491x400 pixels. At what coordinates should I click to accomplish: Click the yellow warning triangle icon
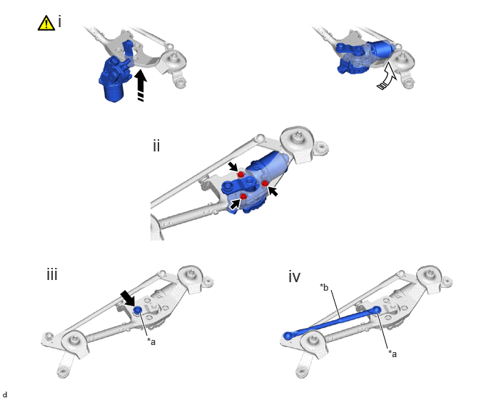pyautogui.click(x=46, y=23)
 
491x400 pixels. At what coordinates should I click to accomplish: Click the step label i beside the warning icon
pyautogui.click(x=59, y=22)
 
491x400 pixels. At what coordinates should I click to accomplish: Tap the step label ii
pyautogui.click(x=156, y=146)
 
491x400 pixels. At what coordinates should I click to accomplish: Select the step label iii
pyautogui.click(x=52, y=274)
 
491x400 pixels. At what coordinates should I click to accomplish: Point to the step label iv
pyautogui.click(x=294, y=277)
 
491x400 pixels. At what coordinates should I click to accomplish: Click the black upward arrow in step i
pyautogui.click(x=141, y=85)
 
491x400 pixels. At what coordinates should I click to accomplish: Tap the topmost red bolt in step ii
pyautogui.click(x=241, y=174)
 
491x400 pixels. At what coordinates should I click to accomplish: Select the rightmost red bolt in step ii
pyautogui.click(x=265, y=184)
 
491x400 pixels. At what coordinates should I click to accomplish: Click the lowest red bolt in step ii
pyautogui.click(x=243, y=196)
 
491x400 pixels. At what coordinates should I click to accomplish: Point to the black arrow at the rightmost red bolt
pyautogui.click(x=273, y=191)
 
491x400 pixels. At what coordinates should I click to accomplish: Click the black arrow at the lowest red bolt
pyautogui.click(x=235, y=204)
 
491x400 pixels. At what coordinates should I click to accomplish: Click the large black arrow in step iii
pyautogui.click(x=128, y=298)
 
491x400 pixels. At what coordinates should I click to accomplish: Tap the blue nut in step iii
pyautogui.click(x=138, y=310)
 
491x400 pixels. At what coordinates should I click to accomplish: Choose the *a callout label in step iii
pyautogui.click(x=151, y=341)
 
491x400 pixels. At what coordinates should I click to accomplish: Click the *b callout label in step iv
pyautogui.click(x=324, y=287)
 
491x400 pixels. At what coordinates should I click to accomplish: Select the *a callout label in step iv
pyautogui.click(x=393, y=354)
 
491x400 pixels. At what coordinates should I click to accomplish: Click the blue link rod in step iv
pyautogui.click(x=333, y=323)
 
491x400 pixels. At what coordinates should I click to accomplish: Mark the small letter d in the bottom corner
pyautogui.click(x=5, y=395)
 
